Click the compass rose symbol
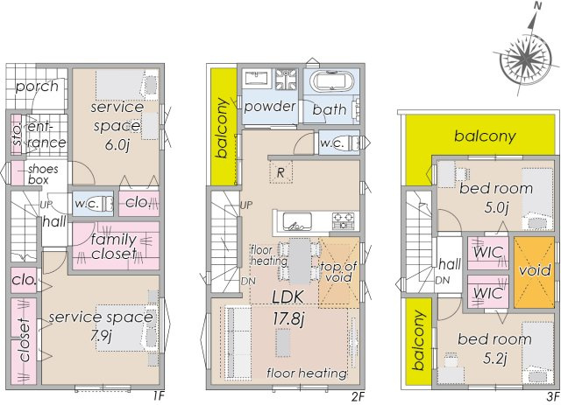[526, 59]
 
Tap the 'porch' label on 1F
[37, 86]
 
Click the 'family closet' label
[114, 246]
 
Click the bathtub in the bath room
[330, 86]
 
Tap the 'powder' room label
[269, 107]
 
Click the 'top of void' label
[337, 272]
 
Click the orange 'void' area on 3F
[534, 270]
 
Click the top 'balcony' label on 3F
[484, 136]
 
